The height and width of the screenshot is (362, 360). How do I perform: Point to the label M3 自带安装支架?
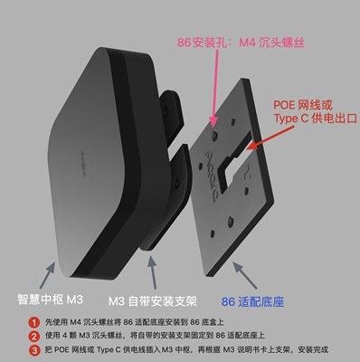pyautogui.click(x=155, y=301)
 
